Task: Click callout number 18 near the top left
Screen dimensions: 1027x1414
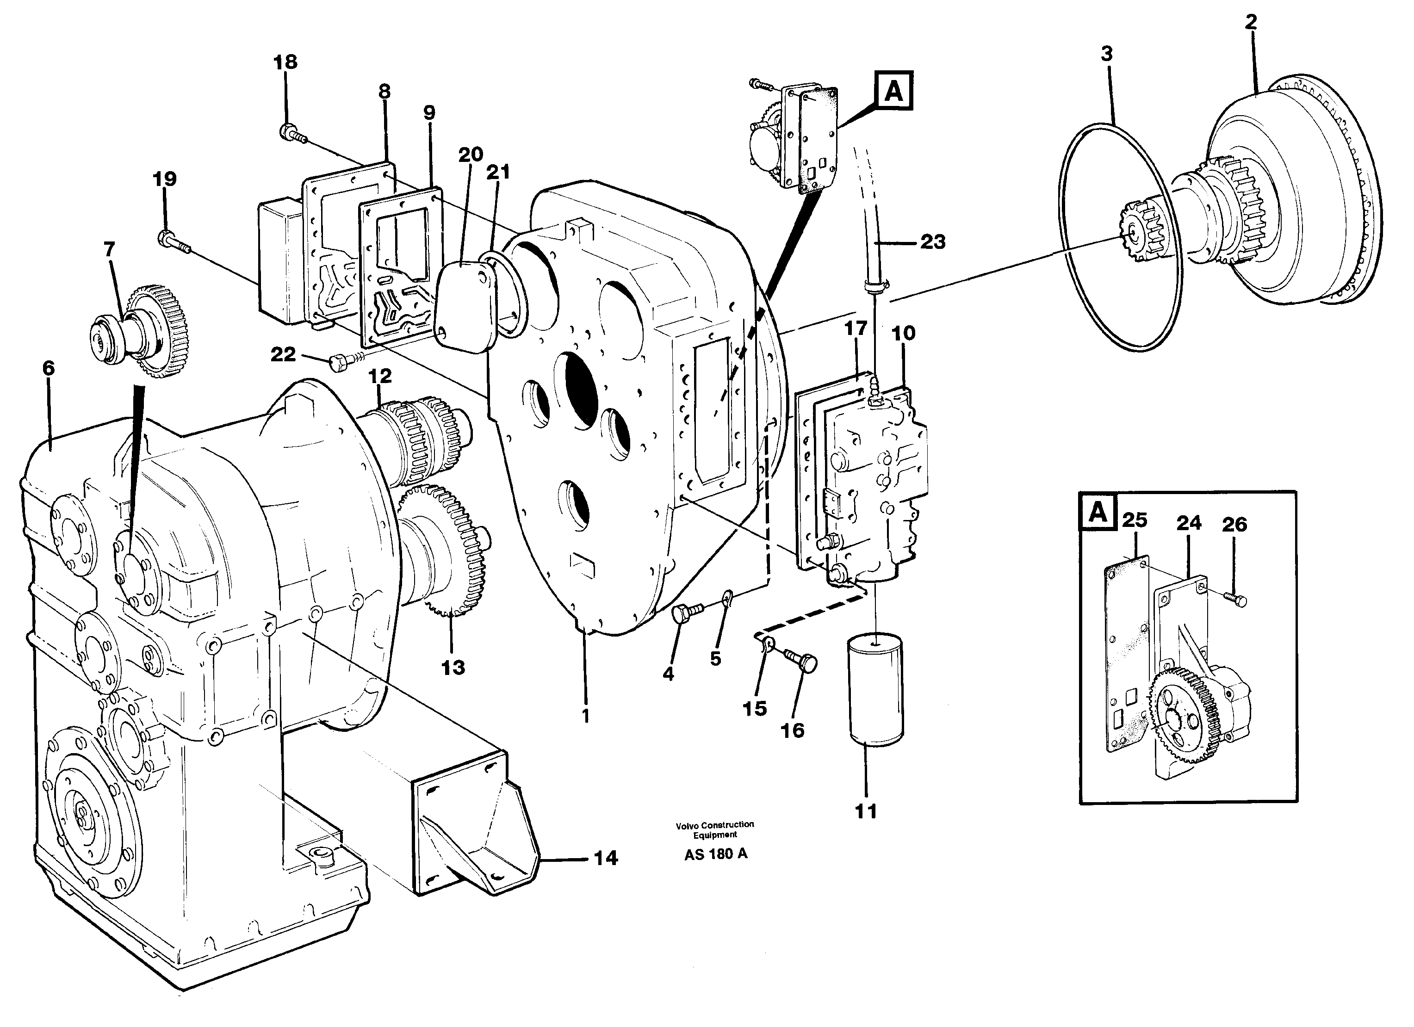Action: pos(285,62)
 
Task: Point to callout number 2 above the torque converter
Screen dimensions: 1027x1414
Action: pos(1251,22)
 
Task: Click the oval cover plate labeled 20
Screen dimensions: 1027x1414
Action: pos(465,305)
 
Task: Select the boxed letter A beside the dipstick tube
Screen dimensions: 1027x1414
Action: pos(894,92)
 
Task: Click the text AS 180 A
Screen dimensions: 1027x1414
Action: pos(715,854)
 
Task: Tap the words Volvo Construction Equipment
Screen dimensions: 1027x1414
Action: pos(714,829)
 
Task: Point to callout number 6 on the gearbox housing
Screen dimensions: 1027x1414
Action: pos(49,368)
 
